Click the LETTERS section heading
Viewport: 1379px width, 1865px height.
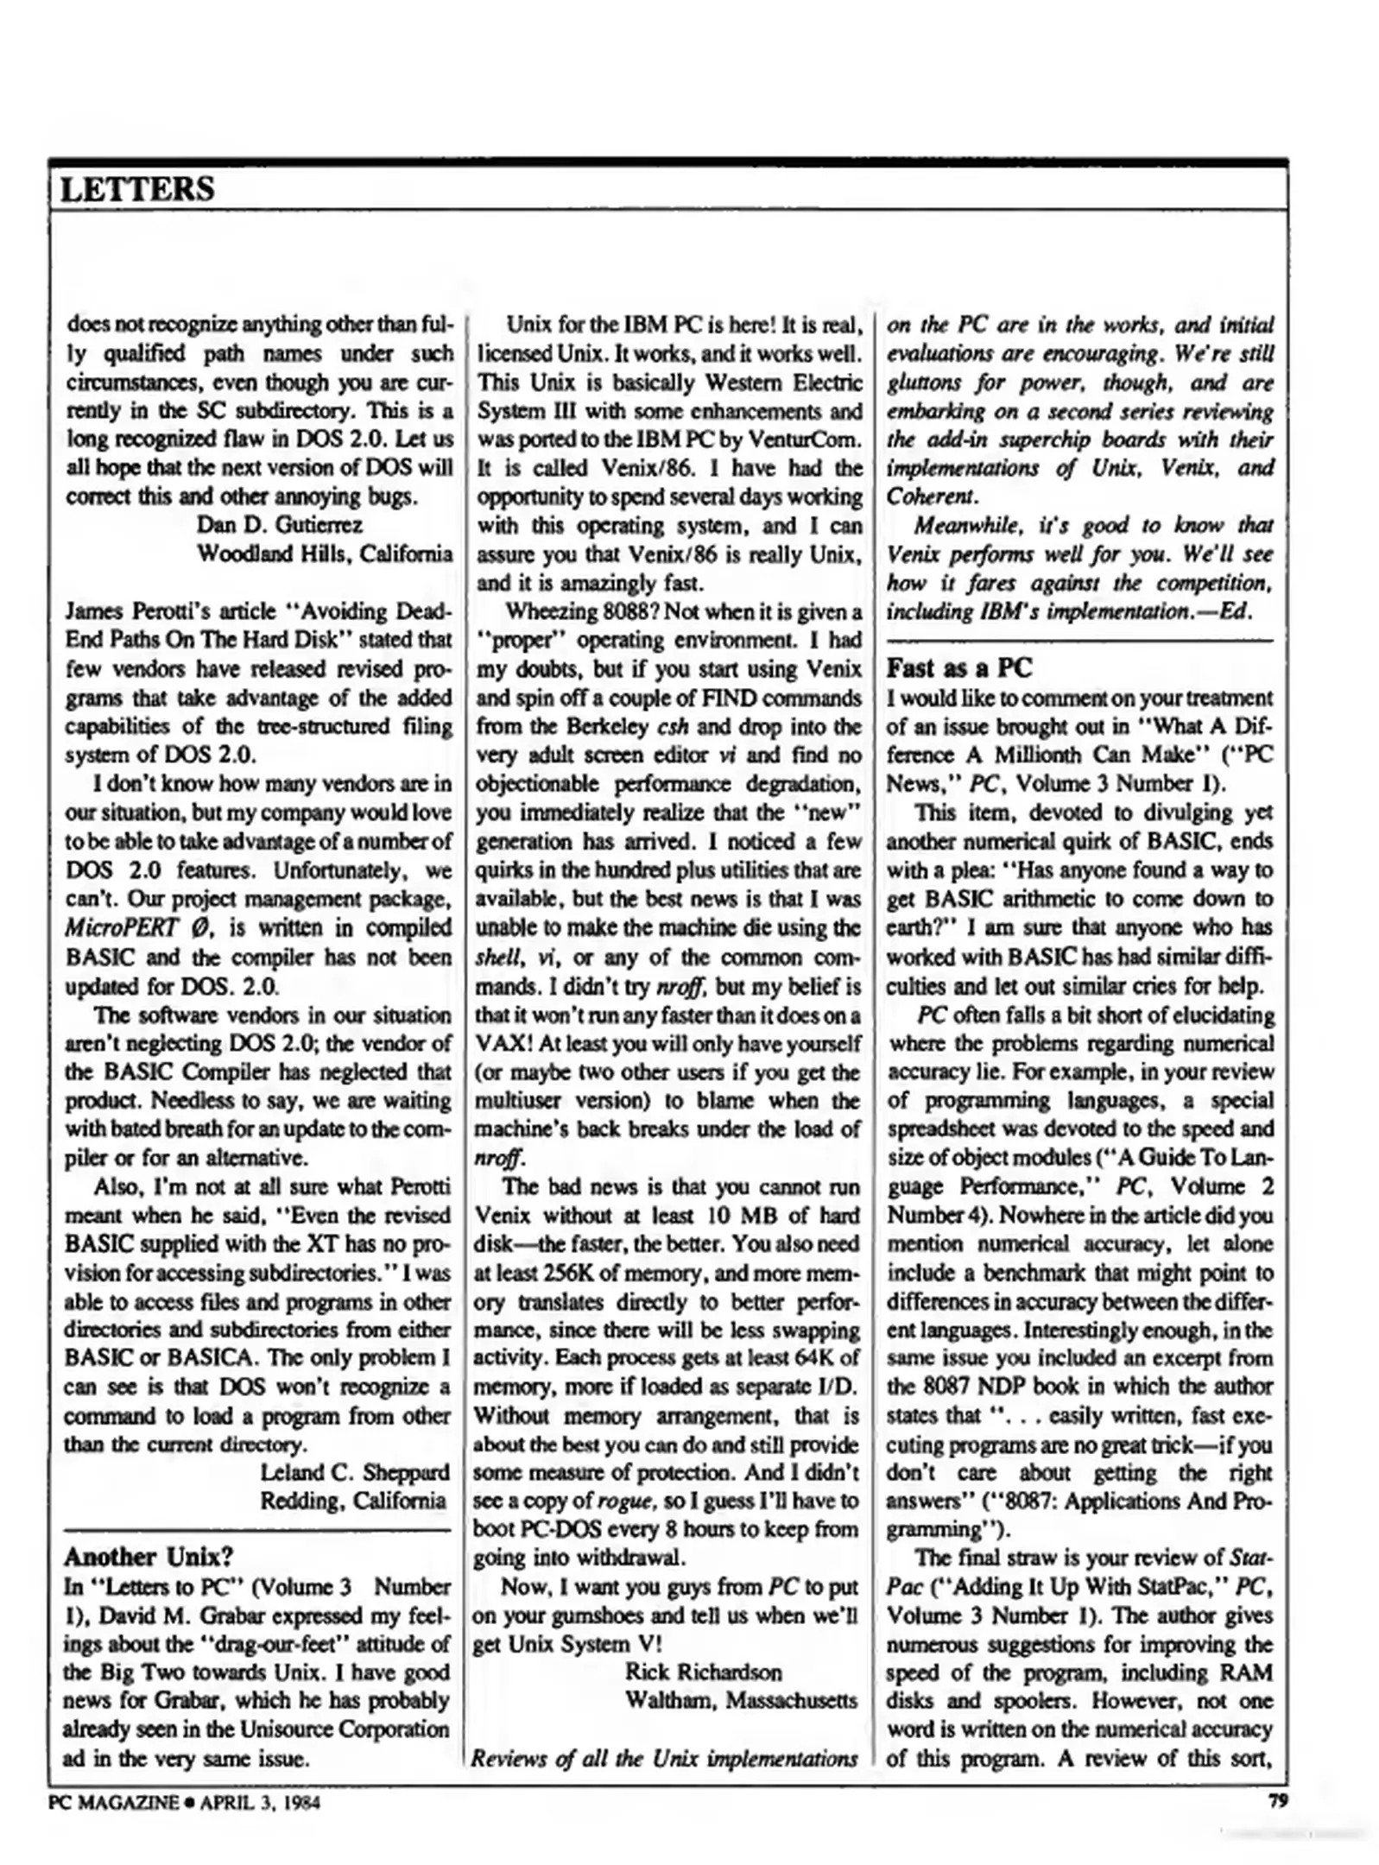[x=136, y=189]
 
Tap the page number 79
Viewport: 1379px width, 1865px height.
[x=1277, y=1800]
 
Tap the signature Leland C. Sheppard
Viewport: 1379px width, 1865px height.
[x=355, y=1471]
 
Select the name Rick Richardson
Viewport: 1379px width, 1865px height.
[x=703, y=1672]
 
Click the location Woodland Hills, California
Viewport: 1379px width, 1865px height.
[x=325, y=553]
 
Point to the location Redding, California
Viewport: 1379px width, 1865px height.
[x=353, y=1500]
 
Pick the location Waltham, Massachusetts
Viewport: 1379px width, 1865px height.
[x=741, y=1701]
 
